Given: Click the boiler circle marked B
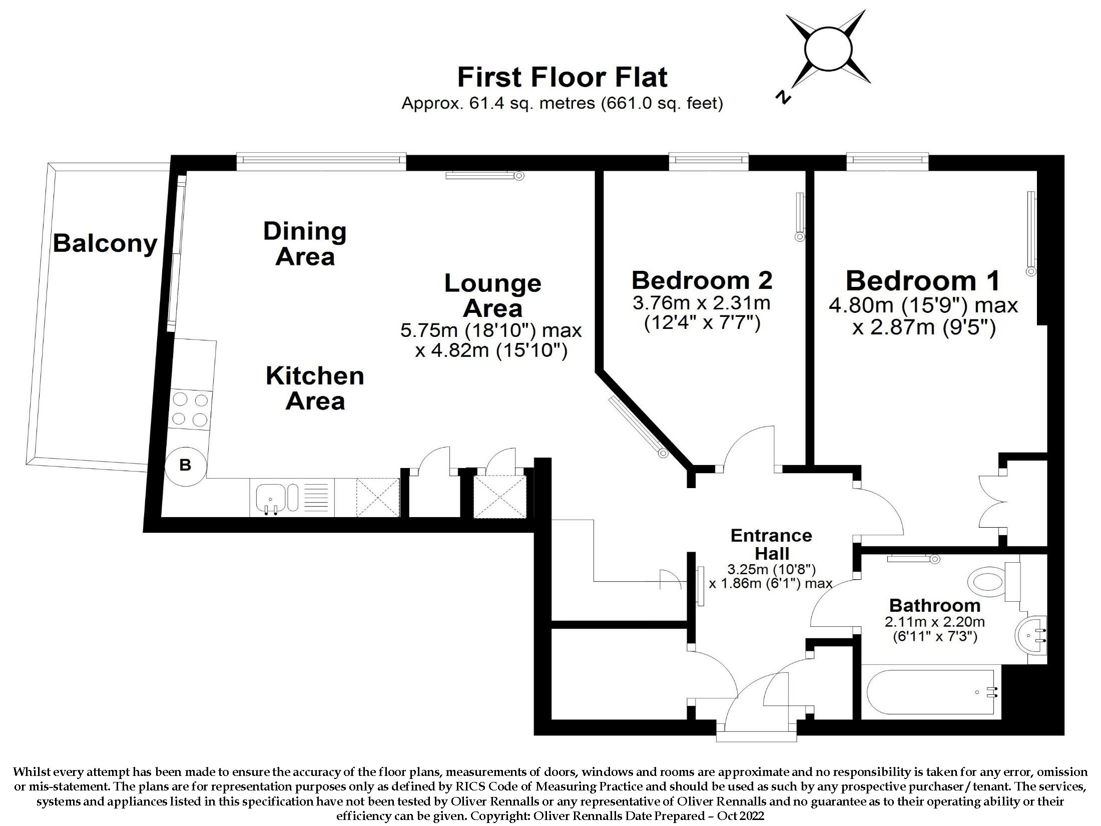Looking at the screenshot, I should (185, 465).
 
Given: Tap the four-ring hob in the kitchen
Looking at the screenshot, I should (190, 409).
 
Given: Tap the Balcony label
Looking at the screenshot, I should (105, 243).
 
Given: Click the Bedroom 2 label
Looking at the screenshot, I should (702, 280).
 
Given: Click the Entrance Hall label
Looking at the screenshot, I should (771, 544).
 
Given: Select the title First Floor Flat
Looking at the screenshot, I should (563, 77).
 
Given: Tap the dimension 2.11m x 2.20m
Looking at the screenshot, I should (935, 622).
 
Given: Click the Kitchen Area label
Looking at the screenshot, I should (315, 388).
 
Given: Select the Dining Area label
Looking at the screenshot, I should (305, 244).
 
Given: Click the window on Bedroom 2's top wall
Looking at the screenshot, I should (709, 160).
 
